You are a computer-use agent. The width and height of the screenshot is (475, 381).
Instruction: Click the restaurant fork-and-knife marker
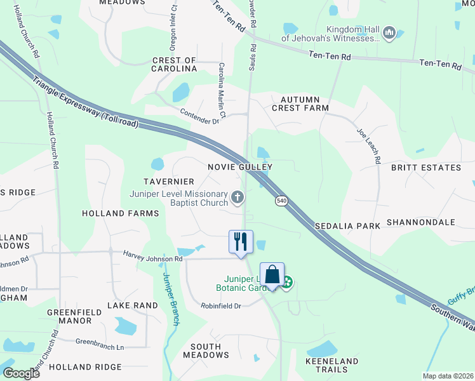[241, 242]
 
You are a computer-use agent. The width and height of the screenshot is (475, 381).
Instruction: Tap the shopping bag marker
[272, 275]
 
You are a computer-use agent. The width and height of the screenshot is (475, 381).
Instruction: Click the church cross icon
[237, 197]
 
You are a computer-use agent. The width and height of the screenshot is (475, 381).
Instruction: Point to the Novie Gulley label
[240, 167]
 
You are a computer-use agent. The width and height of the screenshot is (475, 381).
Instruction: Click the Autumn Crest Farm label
[300, 104]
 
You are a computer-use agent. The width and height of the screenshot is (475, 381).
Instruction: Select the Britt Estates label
[426, 168]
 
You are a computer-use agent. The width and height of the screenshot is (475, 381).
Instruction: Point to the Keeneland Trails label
[327, 364]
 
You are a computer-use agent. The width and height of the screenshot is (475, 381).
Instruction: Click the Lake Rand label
[132, 305]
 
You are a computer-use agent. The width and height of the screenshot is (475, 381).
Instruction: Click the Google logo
[21, 373]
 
